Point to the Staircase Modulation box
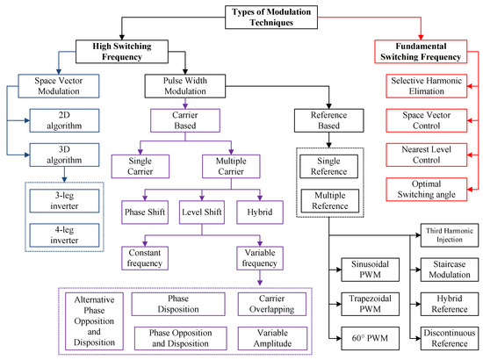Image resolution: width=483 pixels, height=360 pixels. coord(443,269)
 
